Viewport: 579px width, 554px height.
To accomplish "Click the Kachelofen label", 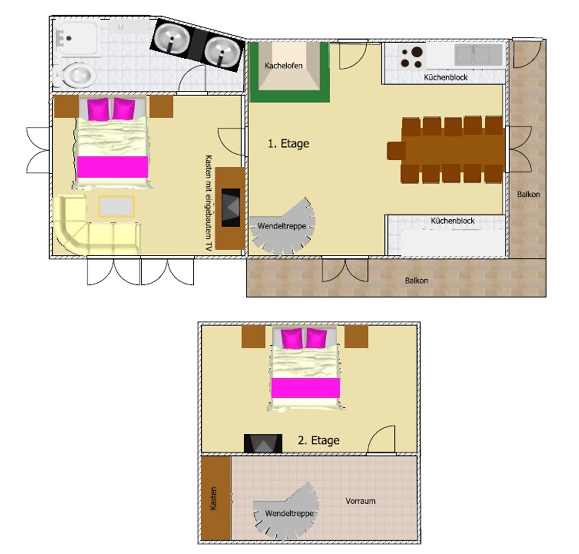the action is tap(283, 65).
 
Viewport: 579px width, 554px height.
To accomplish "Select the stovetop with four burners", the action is tap(411, 57).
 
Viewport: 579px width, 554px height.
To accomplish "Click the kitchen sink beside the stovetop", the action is tap(478, 55).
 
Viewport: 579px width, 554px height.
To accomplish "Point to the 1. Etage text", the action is tap(288, 144).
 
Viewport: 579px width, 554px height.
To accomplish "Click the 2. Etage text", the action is tap(318, 440).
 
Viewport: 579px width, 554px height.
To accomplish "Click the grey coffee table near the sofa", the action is tap(116, 206).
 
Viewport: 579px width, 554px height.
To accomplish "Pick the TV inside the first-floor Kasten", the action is tap(231, 208).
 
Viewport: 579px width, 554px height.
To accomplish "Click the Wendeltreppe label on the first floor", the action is tap(282, 226).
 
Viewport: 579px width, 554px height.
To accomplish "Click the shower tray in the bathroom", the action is tap(78, 38).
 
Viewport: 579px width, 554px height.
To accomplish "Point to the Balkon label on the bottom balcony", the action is tap(416, 281).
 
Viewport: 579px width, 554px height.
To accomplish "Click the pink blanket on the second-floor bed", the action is tap(305, 388).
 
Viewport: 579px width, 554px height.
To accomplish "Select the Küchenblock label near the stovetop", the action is tap(446, 77).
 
